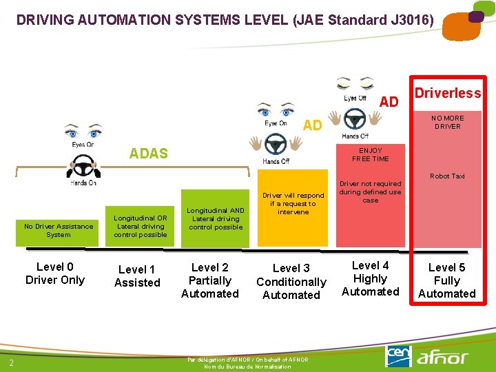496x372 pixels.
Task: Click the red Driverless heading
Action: (447, 93)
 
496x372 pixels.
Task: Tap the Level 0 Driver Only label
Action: (55, 273)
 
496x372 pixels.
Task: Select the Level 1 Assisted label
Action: (137, 276)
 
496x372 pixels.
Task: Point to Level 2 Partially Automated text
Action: (210, 280)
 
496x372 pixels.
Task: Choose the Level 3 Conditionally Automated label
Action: (291, 282)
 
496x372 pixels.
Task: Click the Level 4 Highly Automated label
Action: (370, 278)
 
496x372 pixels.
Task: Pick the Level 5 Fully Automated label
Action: (446, 280)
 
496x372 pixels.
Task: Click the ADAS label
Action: (149, 154)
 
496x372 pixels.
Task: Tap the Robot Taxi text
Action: (447, 176)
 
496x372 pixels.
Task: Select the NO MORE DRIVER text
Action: (448, 123)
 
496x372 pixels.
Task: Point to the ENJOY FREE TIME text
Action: (371, 155)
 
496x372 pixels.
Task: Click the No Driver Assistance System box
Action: (59, 231)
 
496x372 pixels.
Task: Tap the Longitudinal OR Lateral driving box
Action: (141, 226)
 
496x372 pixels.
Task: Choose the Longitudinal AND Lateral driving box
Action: (216, 218)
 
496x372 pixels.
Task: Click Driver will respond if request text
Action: (293, 204)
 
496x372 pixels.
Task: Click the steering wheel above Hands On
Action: (83, 167)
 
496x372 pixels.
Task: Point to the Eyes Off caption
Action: (355, 99)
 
